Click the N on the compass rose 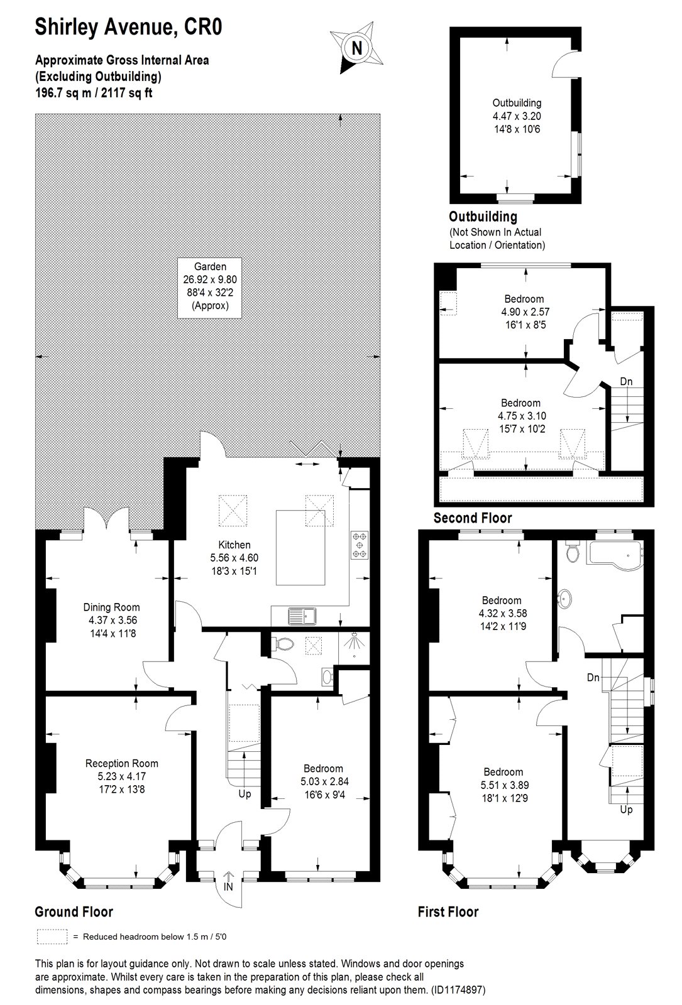(x=357, y=48)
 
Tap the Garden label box (x=210, y=288)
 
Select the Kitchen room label (x=234, y=545)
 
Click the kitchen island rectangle (x=300, y=547)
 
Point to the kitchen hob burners (x=359, y=545)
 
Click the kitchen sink (x=302, y=616)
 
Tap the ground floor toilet (x=282, y=644)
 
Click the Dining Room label (x=111, y=607)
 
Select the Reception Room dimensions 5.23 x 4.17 (x=122, y=776)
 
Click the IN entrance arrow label (x=229, y=887)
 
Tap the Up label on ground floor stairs (x=245, y=794)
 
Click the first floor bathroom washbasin (x=564, y=597)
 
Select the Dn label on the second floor (x=626, y=381)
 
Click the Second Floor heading (x=472, y=518)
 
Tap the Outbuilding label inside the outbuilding (x=517, y=103)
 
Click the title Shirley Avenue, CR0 (x=128, y=27)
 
